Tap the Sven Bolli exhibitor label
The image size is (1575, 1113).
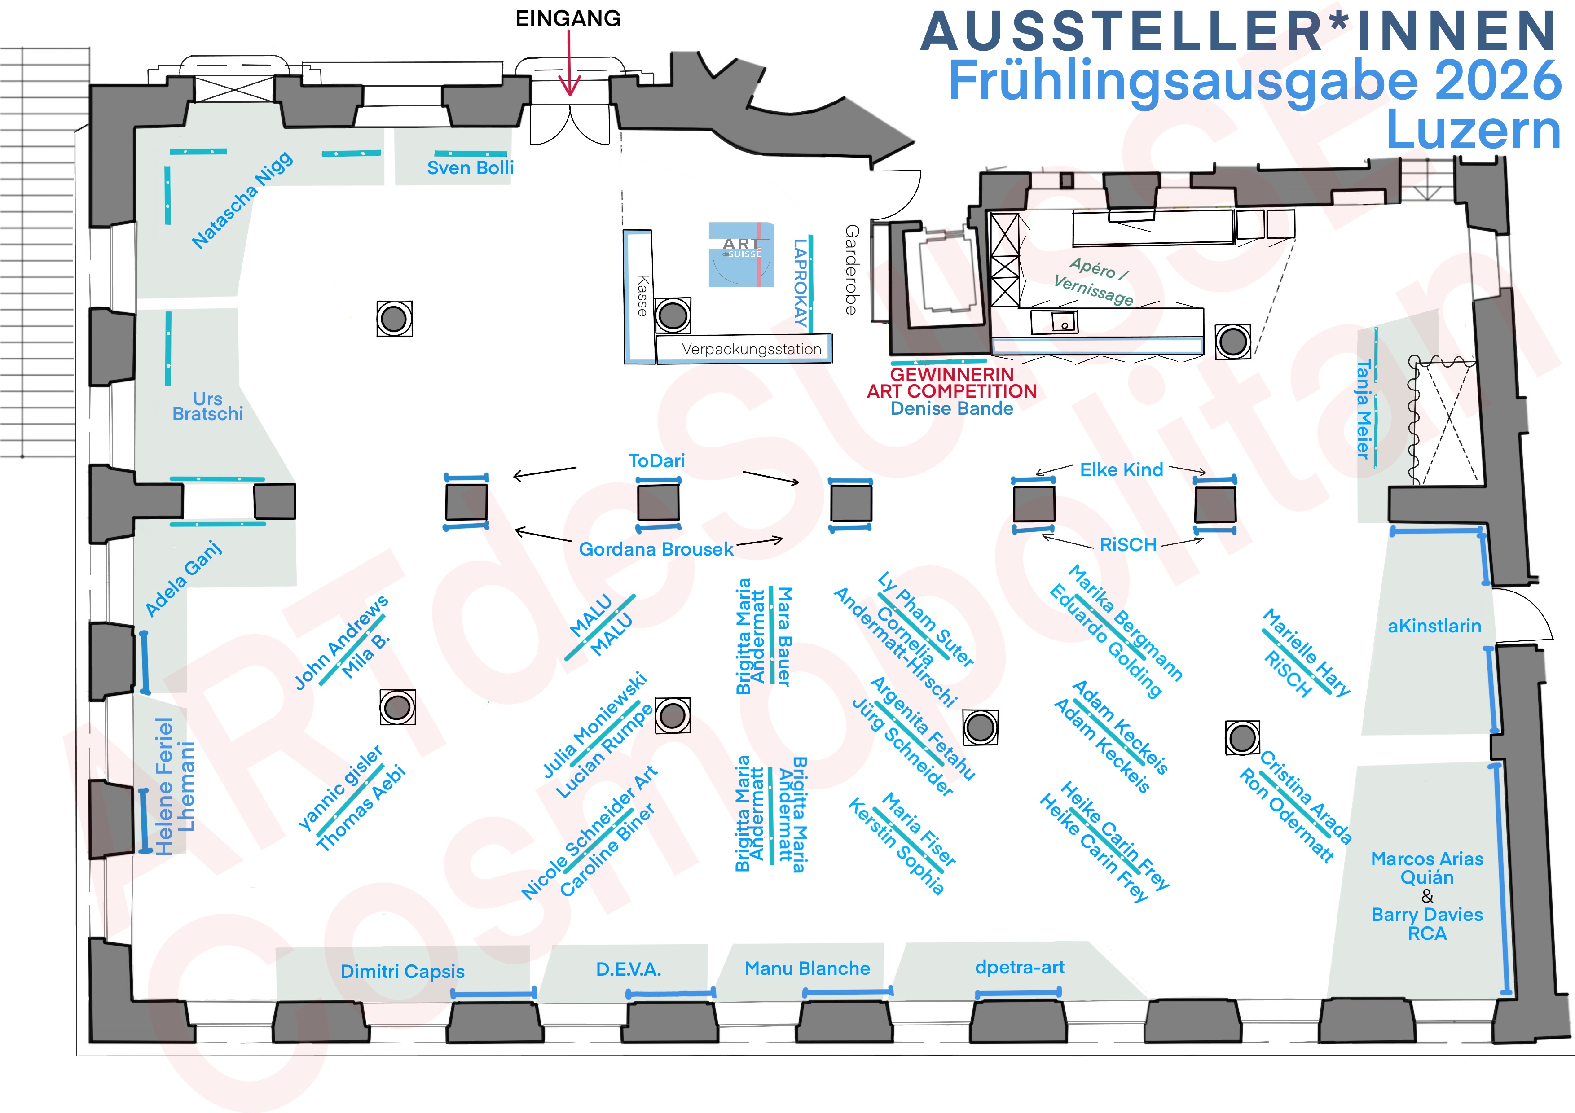[x=470, y=168]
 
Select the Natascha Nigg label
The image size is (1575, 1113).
[x=242, y=200]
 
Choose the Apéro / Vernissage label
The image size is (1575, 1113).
[x=1095, y=281]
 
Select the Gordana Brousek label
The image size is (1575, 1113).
[x=656, y=549]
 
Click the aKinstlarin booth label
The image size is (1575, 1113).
[x=1434, y=626]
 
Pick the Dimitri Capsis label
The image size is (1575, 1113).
[x=403, y=971]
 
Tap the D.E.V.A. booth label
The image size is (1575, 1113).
[x=629, y=969]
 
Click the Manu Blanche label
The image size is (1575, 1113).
[x=807, y=968]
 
